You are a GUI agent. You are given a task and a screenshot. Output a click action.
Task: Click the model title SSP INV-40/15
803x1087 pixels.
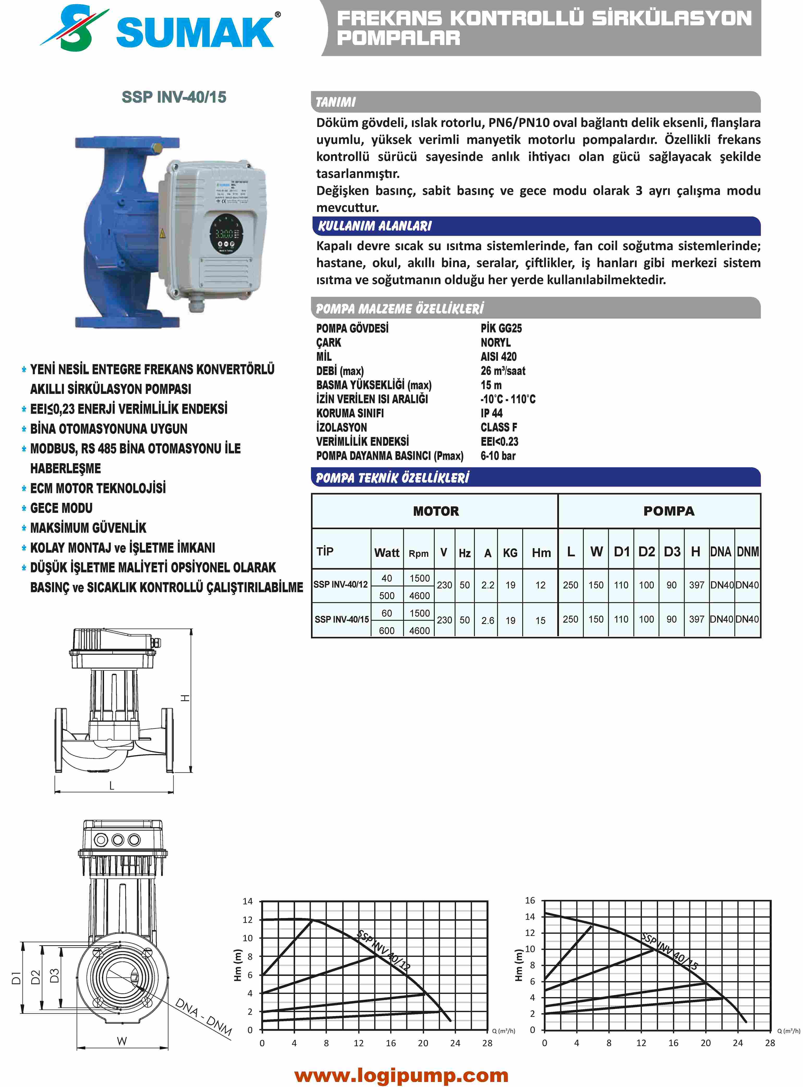(174, 97)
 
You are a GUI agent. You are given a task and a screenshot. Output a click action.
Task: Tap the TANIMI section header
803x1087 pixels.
(335, 102)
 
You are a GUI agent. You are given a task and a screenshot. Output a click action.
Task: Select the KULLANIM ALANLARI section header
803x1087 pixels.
(374, 226)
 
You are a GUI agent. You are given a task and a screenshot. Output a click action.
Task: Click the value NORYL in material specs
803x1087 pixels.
(495, 343)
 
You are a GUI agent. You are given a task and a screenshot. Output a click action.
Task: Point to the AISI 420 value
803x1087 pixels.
(498, 357)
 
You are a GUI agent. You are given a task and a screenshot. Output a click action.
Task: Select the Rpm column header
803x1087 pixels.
(418, 553)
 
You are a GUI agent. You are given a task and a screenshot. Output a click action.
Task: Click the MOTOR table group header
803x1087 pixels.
(436, 511)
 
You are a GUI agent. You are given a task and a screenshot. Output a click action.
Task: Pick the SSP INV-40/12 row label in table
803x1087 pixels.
(341, 585)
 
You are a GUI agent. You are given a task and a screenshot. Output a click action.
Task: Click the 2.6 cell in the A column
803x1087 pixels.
(488, 620)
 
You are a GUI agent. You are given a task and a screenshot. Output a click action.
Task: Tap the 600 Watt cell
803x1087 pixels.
(387, 631)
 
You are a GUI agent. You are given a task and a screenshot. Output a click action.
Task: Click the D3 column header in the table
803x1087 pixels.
(672, 552)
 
